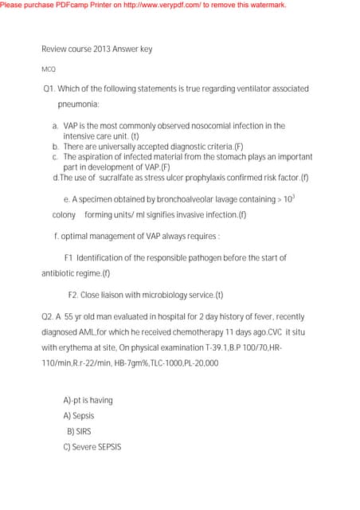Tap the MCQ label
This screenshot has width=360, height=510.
pos(49,70)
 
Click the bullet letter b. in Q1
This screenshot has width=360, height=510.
pos(56,147)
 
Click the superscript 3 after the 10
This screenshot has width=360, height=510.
pos(293,194)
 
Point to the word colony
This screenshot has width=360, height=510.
pos(64,215)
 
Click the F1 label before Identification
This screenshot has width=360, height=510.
pos(68,258)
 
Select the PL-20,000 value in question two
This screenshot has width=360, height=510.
pos(198,363)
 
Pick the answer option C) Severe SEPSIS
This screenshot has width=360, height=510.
pos(92,447)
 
